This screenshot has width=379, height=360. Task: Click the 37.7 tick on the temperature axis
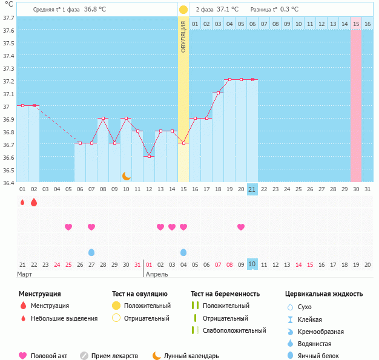(x=8, y=18)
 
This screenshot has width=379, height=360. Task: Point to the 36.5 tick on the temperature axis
(x=8, y=170)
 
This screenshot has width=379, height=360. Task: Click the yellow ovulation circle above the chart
(x=183, y=10)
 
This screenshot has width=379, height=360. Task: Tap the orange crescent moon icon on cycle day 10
(x=126, y=176)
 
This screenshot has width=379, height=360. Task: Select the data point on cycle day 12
(x=149, y=156)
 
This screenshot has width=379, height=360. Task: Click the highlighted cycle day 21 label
(x=252, y=189)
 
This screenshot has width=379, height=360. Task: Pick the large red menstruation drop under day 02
(x=34, y=202)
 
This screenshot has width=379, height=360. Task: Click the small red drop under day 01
(x=22, y=202)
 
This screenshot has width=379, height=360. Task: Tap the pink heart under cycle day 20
(x=241, y=227)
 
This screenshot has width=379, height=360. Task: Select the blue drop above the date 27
(x=91, y=252)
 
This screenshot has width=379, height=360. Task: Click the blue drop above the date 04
(x=183, y=252)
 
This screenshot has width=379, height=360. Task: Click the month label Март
(x=25, y=275)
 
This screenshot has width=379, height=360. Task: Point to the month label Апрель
(x=157, y=275)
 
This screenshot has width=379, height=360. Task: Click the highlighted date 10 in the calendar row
(x=252, y=264)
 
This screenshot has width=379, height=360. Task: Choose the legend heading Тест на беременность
(x=225, y=294)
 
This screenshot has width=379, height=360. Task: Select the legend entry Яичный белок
(x=322, y=356)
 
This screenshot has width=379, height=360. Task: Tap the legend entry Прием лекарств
(x=114, y=356)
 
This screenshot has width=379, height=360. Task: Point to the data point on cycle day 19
(x=229, y=80)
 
